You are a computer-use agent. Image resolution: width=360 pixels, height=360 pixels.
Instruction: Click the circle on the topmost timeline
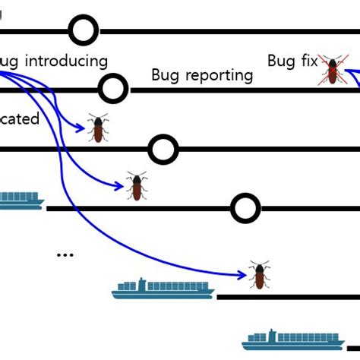84,31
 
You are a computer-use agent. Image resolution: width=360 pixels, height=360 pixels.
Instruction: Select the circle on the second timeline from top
113,89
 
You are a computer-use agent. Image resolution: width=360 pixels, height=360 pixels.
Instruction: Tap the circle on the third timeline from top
163,149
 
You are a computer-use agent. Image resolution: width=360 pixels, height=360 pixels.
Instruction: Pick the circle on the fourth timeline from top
245,207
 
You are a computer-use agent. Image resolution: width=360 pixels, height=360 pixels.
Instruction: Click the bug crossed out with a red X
332,68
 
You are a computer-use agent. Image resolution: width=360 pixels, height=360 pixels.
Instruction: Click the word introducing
66,61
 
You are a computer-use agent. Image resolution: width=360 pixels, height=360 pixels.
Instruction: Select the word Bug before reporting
167,74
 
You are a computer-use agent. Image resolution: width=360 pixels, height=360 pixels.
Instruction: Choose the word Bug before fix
280,61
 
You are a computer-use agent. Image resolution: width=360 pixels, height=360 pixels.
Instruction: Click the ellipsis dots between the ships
65,254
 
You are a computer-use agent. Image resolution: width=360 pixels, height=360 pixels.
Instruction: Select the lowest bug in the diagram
259,275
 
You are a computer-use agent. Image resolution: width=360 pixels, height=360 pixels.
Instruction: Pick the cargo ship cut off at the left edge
21,200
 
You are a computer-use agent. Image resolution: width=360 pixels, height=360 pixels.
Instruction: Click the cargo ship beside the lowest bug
163,288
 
